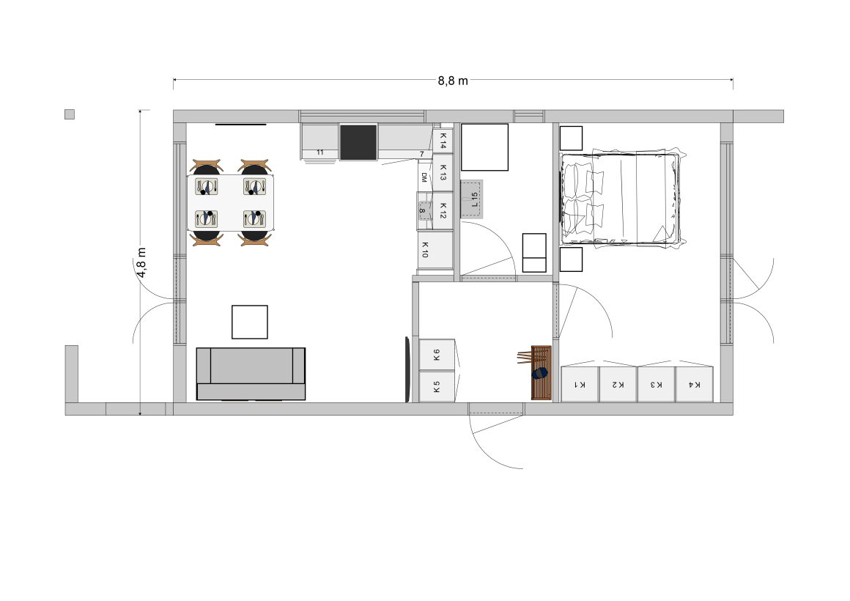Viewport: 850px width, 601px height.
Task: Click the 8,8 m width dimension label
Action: pyautogui.click(x=453, y=81)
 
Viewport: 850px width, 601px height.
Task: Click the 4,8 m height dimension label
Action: pyautogui.click(x=141, y=263)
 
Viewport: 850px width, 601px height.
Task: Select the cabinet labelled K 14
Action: pyautogui.click(x=443, y=141)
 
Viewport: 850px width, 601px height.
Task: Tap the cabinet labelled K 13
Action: pyautogui.click(x=443, y=173)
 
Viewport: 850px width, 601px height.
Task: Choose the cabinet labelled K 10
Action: pyautogui.click(x=435, y=250)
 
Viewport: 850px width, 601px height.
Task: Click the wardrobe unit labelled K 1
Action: pyautogui.click(x=580, y=384)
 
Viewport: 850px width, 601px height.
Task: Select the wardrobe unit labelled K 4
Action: pyautogui.click(x=695, y=384)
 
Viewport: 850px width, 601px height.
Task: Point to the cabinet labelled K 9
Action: pyautogui.click(x=437, y=355)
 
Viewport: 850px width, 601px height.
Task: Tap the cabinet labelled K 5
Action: pyautogui.click(x=437, y=386)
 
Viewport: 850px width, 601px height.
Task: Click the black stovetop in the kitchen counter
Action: pyautogui.click(x=358, y=142)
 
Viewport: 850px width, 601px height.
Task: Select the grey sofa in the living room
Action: pyautogui.click(x=251, y=374)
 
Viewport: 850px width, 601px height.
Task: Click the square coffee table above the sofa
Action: pyautogui.click(x=250, y=322)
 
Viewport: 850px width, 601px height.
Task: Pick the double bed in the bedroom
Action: pyautogui.click(x=621, y=199)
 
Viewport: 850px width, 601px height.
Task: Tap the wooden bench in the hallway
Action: pyautogui.click(x=541, y=372)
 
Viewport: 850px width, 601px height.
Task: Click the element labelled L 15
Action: pyautogui.click(x=472, y=199)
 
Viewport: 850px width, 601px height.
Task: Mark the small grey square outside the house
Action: pyautogui.click(x=70, y=114)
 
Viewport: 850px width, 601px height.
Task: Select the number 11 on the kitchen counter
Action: pyautogui.click(x=319, y=152)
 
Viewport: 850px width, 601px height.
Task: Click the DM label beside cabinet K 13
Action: pyautogui.click(x=424, y=177)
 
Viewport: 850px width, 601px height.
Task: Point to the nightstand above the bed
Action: pyautogui.click(x=571, y=139)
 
